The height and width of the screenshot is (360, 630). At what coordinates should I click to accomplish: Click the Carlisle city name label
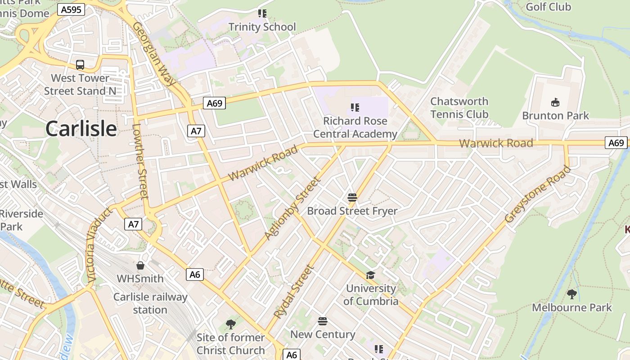[81, 129]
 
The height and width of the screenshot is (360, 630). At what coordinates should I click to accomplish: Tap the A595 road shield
[71, 9]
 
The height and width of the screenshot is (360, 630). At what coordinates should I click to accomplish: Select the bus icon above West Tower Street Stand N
[80, 65]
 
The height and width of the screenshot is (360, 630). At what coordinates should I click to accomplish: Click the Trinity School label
[262, 27]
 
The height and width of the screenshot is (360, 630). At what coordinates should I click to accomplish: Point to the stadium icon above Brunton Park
[555, 103]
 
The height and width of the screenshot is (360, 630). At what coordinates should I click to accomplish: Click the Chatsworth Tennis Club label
[459, 108]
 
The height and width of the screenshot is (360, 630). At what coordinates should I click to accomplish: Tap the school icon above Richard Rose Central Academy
[355, 108]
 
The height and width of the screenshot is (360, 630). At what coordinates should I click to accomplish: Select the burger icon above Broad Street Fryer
[352, 197]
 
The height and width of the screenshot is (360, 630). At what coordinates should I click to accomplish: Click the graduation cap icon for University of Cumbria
[370, 275]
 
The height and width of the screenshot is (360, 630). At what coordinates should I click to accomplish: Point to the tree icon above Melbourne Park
[571, 294]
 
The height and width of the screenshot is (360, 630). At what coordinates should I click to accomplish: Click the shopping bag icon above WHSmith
[140, 265]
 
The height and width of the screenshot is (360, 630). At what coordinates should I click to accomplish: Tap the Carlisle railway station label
[150, 303]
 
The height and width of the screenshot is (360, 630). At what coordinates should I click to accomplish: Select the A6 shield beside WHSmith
[195, 274]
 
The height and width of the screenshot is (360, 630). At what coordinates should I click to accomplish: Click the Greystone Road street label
[537, 194]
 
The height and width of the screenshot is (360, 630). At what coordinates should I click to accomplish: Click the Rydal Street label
[293, 292]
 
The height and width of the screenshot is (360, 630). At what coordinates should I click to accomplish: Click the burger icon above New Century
[323, 321]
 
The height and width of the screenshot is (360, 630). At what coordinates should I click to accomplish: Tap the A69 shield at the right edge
[616, 143]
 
